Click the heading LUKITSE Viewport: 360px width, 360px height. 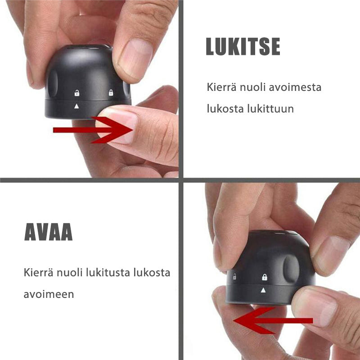coord(243,46)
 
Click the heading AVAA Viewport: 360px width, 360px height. coord(49,232)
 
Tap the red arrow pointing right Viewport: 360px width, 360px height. coord(93,130)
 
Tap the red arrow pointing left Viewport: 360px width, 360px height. coord(273,320)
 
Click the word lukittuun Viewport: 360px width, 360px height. coord(270,108)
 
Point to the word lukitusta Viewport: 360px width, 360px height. coord(108,273)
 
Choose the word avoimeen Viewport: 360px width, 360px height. coord(49,294)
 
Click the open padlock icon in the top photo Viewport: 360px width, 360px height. coord(77,93)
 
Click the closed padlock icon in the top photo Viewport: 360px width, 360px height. coord(111,93)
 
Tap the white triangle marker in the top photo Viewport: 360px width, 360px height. coord(76,106)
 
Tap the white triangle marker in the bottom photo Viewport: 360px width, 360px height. coord(263,290)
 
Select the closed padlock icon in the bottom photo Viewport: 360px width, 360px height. coord(265,277)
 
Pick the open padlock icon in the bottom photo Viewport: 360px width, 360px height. coord(234,276)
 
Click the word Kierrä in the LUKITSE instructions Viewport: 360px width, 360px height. coord(221,87)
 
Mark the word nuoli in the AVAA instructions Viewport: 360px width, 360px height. coord(69,273)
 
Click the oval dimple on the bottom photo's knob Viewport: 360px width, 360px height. coord(291,269)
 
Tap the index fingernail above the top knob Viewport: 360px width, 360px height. coord(135,59)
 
